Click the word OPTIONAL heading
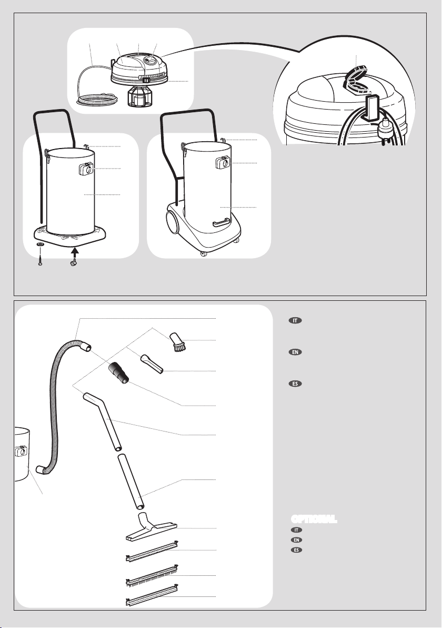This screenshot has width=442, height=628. tap(314, 519)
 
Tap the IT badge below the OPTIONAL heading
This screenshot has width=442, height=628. tap(296, 530)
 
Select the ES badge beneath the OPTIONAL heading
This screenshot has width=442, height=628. tap(296, 550)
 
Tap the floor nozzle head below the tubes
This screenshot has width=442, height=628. tap(152, 527)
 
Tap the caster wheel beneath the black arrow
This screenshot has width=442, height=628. tap(73, 263)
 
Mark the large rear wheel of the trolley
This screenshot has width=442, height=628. tap(173, 222)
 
